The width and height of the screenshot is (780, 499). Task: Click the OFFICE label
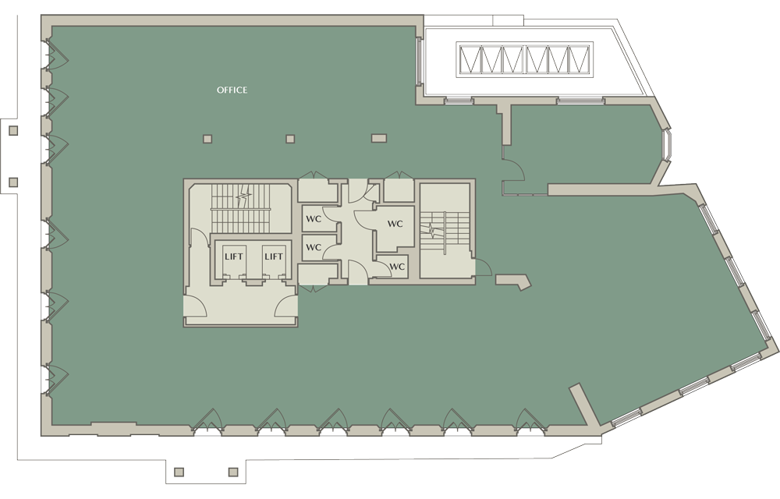click(232, 90)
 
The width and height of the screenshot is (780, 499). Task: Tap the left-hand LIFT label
click(234, 257)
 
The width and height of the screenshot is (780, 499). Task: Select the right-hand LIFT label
click(274, 257)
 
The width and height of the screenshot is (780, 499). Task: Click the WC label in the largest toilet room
click(395, 224)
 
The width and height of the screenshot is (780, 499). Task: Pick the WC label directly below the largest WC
click(397, 267)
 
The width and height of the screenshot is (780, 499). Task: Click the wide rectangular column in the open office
click(379, 138)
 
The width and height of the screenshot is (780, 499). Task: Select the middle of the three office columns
click(290, 139)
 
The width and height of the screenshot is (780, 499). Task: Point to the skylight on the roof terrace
click(525, 59)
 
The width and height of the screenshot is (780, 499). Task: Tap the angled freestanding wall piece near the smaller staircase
click(513, 281)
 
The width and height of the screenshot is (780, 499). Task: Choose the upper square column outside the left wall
click(13, 131)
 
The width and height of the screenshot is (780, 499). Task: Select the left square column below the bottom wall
click(179, 472)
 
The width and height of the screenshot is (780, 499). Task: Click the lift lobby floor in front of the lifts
click(240, 304)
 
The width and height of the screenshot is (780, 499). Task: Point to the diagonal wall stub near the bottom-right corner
click(584, 405)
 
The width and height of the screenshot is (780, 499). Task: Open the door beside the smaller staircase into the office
click(484, 267)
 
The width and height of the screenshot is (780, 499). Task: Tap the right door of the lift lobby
click(286, 306)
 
